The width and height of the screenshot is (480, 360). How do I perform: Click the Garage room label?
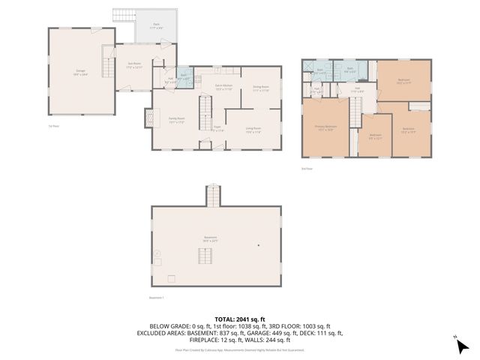click(x=79, y=73)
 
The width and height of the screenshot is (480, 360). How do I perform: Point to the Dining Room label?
click(x=261, y=88)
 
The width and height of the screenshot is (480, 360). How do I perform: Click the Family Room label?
click(x=177, y=120)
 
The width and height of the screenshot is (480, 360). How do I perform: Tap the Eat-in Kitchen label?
click(x=223, y=88)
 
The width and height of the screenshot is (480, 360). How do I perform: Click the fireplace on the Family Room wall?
click(x=148, y=118)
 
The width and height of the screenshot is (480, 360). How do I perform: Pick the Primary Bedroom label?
click(x=325, y=127)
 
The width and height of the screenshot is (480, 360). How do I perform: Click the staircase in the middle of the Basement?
click(x=206, y=256)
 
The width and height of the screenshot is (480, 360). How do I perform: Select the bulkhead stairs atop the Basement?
click(x=213, y=196)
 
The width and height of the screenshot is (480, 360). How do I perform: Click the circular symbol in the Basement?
click(x=157, y=255)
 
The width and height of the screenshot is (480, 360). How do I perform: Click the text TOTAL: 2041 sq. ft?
click(x=239, y=318)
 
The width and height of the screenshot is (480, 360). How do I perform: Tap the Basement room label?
click(x=210, y=238)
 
